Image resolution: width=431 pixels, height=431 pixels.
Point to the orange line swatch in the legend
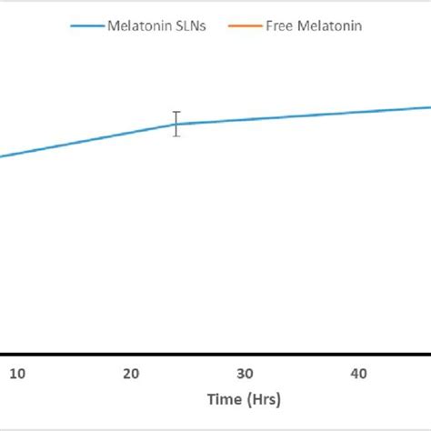pos(248,25)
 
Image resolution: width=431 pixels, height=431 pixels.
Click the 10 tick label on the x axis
pos(18,375)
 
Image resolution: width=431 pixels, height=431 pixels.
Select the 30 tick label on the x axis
pos(246,375)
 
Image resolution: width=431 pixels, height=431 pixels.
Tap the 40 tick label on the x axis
pos(359,375)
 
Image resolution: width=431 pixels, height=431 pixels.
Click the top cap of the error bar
pos(176,112)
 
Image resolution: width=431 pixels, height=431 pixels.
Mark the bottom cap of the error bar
pos(176,135)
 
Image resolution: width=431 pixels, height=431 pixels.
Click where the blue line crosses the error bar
pos(176,124)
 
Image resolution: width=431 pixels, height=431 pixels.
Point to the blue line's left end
pos(2,156)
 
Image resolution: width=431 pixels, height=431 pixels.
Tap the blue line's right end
pos(428,107)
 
